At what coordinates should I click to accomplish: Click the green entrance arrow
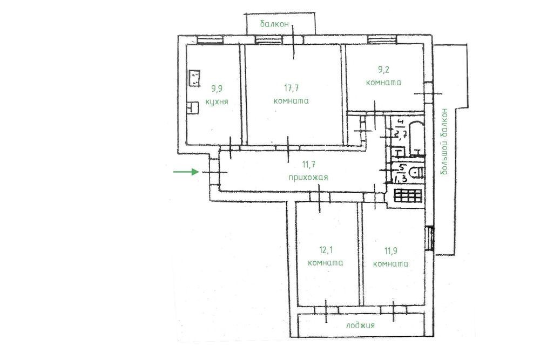tap(186, 172)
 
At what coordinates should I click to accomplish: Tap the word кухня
tap(217, 102)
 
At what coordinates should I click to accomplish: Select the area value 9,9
tap(217, 89)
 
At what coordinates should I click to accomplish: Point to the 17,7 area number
tap(292, 88)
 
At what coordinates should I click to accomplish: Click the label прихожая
tap(308, 178)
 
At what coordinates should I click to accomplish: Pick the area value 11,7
tap(308, 165)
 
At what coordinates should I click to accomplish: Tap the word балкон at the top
tap(274, 24)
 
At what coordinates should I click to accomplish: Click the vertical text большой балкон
tap(444, 141)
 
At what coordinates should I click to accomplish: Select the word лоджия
tap(360, 325)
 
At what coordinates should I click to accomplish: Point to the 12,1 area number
tap(326, 250)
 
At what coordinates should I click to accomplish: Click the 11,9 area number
tap(390, 251)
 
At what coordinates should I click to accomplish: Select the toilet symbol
tap(416, 172)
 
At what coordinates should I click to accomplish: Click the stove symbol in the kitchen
tap(194, 78)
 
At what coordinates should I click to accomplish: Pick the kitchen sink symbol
tap(193, 107)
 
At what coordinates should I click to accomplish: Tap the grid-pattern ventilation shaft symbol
tap(408, 195)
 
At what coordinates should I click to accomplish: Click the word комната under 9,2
tap(383, 83)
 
